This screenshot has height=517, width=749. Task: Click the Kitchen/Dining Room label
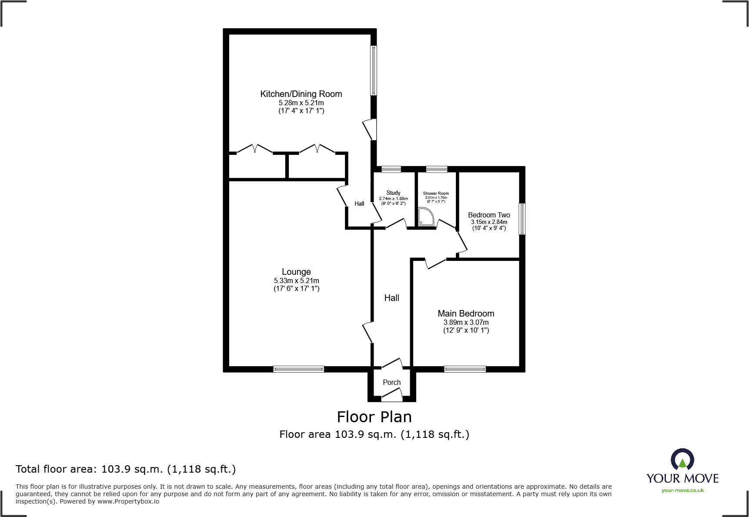click(x=301, y=94)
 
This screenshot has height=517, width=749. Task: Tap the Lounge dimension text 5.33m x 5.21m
click(x=296, y=281)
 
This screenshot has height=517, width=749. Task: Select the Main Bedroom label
click(x=466, y=314)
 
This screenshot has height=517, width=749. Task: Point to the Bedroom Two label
click(x=489, y=215)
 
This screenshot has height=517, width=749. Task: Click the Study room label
click(x=393, y=193)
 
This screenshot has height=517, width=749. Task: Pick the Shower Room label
click(x=436, y=193)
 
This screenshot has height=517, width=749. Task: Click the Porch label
click(x=391, y=382)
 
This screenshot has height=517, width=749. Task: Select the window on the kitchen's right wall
click(x=374, y=70)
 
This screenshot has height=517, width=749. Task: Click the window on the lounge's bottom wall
click(x=298, y=369)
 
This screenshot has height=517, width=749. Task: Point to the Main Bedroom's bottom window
click(x=465, y=369)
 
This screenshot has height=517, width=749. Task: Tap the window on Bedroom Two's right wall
click(x=522, y=219)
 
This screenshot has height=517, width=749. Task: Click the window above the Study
click(x=391, y=169)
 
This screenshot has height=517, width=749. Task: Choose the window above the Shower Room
click(x=436, y=169)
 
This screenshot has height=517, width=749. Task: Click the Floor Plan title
click(x=374, y=417)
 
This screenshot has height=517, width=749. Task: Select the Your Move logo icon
click(x=682, y=460)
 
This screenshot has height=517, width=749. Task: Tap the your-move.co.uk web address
click(x=682, y=490)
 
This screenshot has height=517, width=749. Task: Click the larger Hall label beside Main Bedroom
click(x=391, y=298)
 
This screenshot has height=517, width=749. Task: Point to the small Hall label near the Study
click(x=359, y=203)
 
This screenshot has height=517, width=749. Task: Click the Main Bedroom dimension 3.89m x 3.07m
click(x=466, y=323)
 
